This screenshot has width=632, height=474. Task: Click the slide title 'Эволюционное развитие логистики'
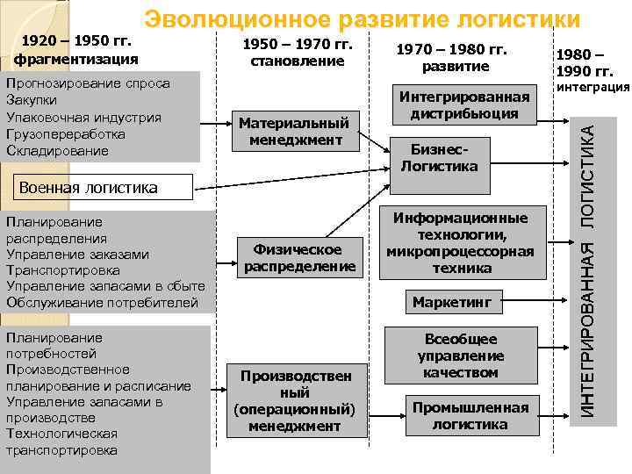(x=363, y=19)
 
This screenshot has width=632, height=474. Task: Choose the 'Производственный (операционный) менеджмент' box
(x=294, y=400)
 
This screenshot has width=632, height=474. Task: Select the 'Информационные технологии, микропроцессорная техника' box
(x=461, y=243)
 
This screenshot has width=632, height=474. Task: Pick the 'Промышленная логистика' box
(x=470, y=416)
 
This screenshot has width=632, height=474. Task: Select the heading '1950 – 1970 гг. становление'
(x=298, y=52)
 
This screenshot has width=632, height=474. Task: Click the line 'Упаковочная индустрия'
(x=83, y=117)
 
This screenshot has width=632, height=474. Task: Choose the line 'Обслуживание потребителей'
(x=102, y=302)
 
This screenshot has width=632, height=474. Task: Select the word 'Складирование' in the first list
(x=57, y=150)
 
